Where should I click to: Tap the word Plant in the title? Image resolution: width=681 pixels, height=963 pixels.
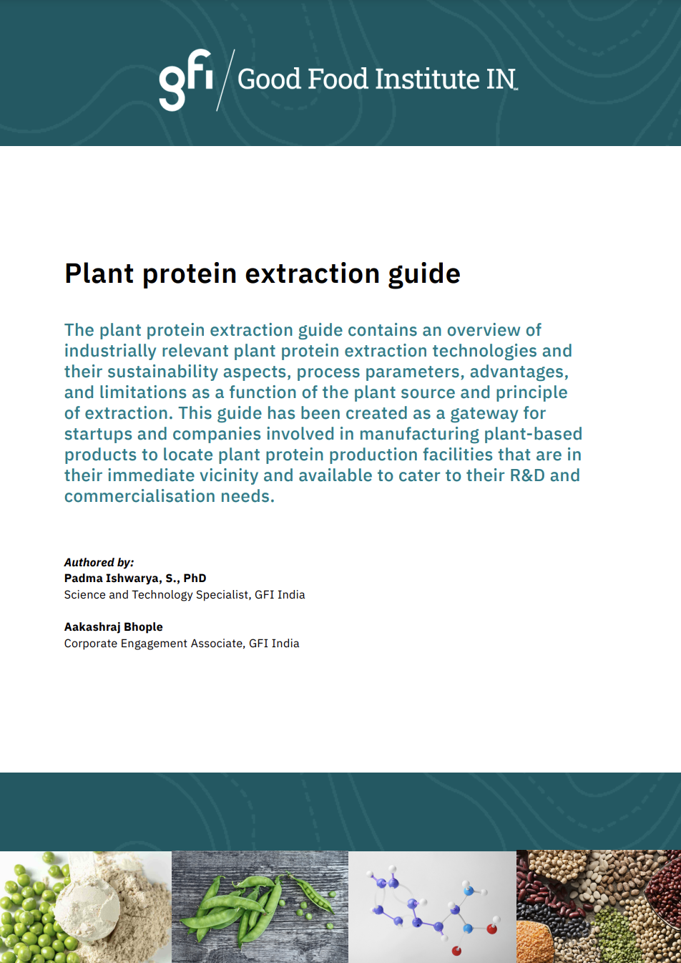coord(99,274)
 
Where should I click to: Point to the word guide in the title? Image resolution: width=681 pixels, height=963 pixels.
coord(424,274)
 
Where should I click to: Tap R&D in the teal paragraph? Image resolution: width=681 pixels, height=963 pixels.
coord(526,475)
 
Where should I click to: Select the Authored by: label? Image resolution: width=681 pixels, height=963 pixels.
coord(99,563)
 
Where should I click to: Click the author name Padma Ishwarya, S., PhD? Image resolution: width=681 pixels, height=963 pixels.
coord(135,579)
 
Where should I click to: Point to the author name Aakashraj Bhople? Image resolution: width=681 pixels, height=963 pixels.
coord(113,627)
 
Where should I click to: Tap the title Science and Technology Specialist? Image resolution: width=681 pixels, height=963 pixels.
coord(156,595)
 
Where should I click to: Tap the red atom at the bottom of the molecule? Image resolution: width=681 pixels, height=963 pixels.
coord(456,951)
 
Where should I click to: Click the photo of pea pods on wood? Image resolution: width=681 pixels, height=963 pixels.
coord(260,906)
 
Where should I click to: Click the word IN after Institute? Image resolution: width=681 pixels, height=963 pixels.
coord(501,79)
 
